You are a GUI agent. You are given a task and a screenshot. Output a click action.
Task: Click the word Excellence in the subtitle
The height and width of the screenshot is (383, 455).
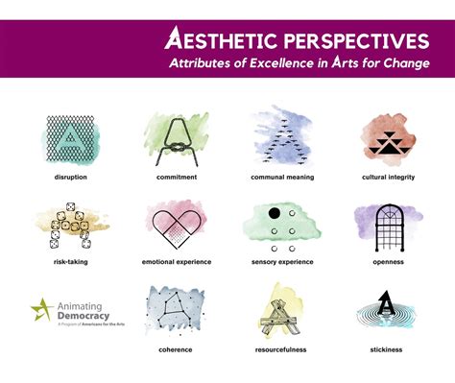[287, 63]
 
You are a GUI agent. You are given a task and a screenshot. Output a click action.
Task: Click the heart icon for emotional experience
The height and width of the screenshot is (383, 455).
[177, 227]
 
